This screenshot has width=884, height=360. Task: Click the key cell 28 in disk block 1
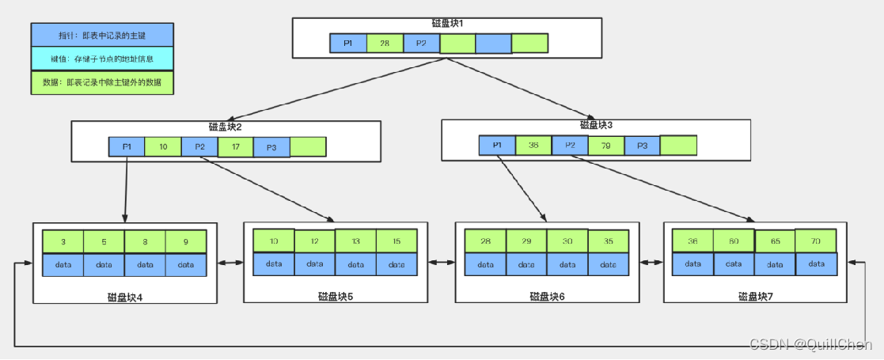(x=385, y=44)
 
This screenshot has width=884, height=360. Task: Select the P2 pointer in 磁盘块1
(x=421, y=44)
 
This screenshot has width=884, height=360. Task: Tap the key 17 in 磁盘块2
(x=236, y=147)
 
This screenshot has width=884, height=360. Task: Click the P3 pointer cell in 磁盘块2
(x=271, y=147)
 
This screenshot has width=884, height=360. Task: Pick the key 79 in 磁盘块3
(x=605, y=146)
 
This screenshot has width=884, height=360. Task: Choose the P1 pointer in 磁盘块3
(x=497, y=146)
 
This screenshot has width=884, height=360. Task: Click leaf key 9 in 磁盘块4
(x=186, y=241)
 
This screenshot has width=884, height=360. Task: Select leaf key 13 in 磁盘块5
(x=355, y=241)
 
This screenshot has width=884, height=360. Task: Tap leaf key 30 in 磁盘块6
(x=567, y=241)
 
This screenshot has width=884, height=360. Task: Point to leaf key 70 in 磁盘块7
(x=815, y=241)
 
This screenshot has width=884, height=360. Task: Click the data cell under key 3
(x=63, y=264)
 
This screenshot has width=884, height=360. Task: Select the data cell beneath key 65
(x=775, y=264)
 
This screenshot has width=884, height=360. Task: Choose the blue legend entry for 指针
(x=102, y=36)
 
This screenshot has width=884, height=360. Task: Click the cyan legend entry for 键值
(x=102, y=59)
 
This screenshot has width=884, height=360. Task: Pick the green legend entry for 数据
(x=102, y=82)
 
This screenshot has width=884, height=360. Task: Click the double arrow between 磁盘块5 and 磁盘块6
(x=442, y=261)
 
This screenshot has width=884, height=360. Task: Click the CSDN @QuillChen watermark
(x=810, y=344)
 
